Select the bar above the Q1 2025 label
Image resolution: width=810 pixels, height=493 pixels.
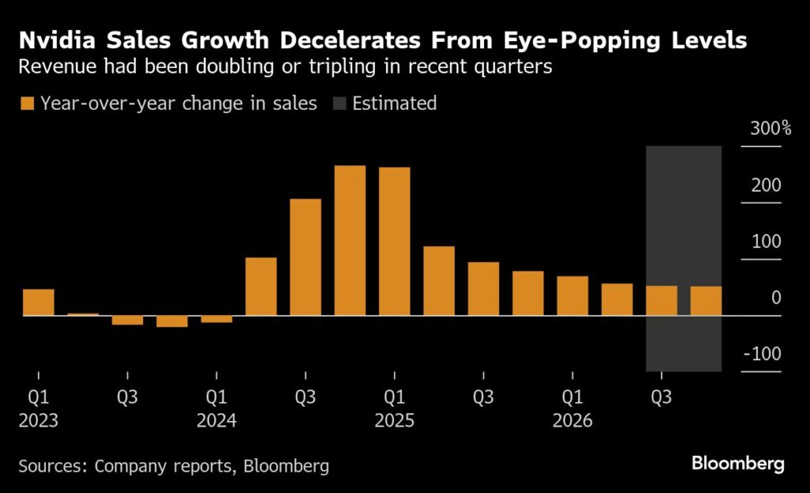tap(394, 241)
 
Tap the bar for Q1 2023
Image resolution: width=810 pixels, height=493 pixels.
tap(38, 302)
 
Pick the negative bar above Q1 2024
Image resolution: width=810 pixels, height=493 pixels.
tap(216, 319)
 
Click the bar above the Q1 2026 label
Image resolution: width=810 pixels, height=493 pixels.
tap(572, 296)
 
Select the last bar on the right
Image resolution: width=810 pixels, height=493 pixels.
tap(706, 301)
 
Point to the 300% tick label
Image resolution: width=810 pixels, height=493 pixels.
tap(766, 129)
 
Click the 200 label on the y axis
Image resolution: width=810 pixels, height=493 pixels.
tap(766, 185)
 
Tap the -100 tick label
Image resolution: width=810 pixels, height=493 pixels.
tap(763, 354)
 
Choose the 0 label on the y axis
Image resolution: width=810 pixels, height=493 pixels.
tap(776, 298)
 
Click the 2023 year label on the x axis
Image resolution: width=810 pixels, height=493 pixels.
tap(38, 421)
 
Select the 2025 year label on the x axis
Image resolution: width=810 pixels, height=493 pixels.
tap(394, 421)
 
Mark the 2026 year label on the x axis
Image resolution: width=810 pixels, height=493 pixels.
tap(572, 421)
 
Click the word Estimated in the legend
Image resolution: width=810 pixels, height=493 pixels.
tap(394, 103)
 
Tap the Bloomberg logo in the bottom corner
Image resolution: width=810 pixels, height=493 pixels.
tap(737, 464)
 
